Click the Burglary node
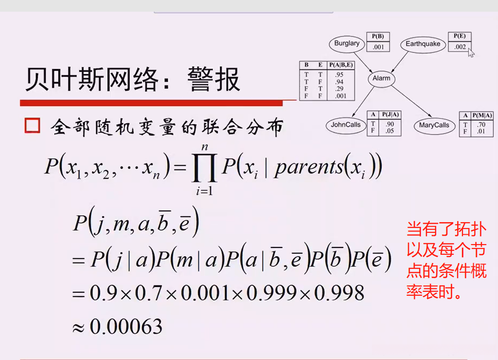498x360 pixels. (347, 43)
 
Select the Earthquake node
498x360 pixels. (423, 44)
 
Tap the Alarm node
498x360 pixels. (381, 78)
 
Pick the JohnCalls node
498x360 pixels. (345, 125)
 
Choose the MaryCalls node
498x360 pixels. (434, 126)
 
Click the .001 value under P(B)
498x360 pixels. (378, 47)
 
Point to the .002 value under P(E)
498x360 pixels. (460, 47)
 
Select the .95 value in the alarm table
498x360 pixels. (339, 75)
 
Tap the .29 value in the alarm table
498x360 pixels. (339, 89)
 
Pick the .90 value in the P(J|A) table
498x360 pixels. (389, 124)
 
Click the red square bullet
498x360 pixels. (32, 126)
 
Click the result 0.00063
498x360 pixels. (126, 326)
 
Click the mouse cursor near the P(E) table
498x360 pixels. (471, 52)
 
